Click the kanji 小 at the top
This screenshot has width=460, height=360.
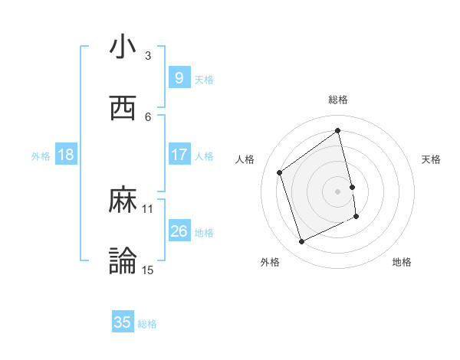click(123, 47)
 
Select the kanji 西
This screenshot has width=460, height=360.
click(123, 107)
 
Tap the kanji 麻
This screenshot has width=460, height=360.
click(123, 201)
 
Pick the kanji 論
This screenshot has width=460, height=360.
click(123, 260)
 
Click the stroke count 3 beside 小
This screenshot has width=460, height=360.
click(148, 56)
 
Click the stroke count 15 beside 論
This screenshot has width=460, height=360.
click(148, 269)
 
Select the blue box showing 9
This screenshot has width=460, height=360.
click(179, 78)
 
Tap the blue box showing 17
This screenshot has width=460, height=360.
click(179, 155)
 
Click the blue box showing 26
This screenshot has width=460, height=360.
click(179, 231)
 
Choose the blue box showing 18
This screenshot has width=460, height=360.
click(66, 155)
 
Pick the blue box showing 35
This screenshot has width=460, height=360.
click(123, 322)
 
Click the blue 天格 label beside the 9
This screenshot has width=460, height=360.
click(204, 79)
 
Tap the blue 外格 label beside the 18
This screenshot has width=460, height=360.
click(41, 155)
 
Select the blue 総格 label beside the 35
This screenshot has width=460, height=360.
click(147, 323)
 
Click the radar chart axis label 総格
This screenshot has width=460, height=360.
click(338, 100)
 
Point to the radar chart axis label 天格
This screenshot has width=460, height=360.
click(432, 159)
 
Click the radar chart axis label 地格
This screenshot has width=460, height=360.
click(402, 262)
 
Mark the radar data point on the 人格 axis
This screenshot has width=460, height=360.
click(280, 172)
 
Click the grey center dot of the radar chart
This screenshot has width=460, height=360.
click(338, 191)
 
